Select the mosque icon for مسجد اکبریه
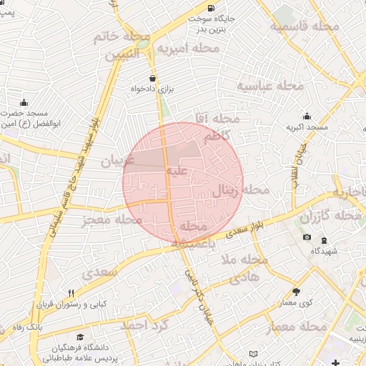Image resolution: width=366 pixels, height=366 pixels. [x=307, y=117]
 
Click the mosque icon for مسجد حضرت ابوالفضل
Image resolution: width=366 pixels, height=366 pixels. [x=24, y=102]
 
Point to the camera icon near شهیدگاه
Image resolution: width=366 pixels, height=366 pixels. [x=307, y=237]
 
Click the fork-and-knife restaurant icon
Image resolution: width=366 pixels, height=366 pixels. [x=71, y=293]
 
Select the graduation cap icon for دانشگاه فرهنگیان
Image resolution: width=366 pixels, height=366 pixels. [x=79, y=337]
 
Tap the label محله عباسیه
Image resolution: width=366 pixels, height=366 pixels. [x=271, y=86]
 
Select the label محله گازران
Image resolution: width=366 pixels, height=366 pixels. [x=330, y=216]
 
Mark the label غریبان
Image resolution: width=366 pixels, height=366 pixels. [x=117, y=162]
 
